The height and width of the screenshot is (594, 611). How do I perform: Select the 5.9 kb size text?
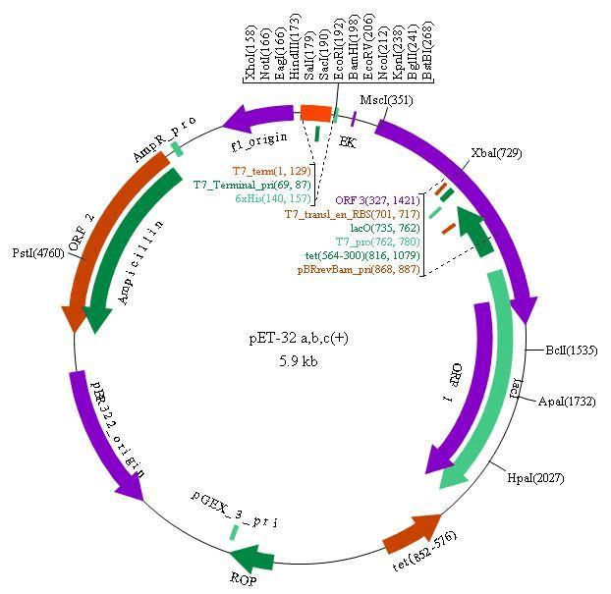298,360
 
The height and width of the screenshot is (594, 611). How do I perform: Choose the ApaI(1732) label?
571,402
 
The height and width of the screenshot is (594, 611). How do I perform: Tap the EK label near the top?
347,141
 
